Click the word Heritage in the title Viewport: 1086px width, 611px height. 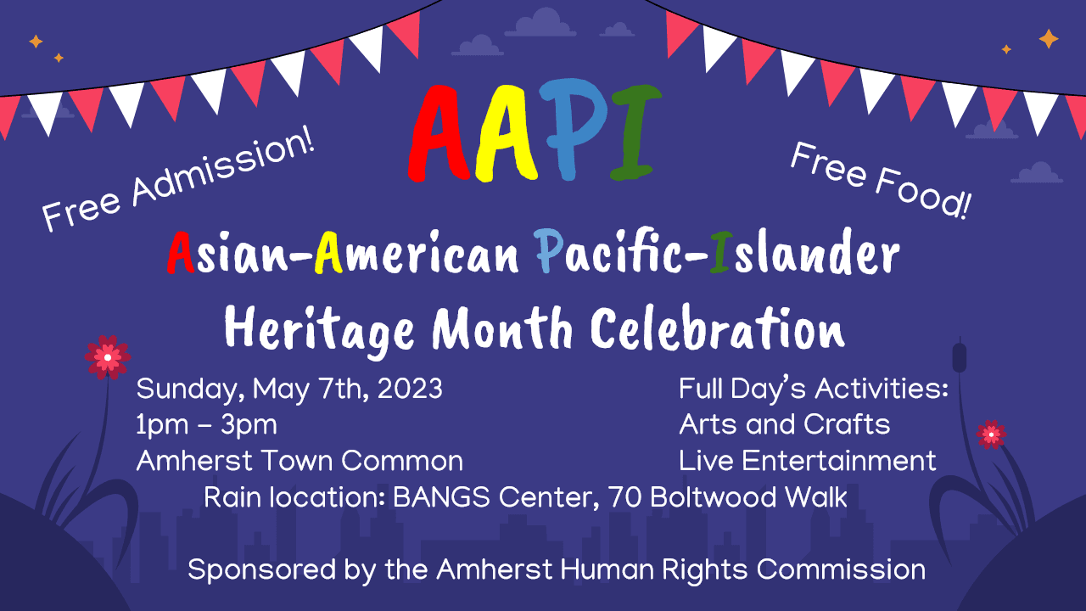(x=322, y=328)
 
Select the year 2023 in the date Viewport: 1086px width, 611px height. (x=410, y=389)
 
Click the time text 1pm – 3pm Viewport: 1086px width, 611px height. (x=206, y=424)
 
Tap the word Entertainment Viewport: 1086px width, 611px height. (x=839, y=461)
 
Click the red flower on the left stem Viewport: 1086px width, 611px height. (x=107, y=357)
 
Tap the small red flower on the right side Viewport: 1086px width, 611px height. (x=990, y=434)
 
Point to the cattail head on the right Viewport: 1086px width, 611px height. (x=960, y=356)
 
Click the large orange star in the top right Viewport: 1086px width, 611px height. (x=1049, y=39)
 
